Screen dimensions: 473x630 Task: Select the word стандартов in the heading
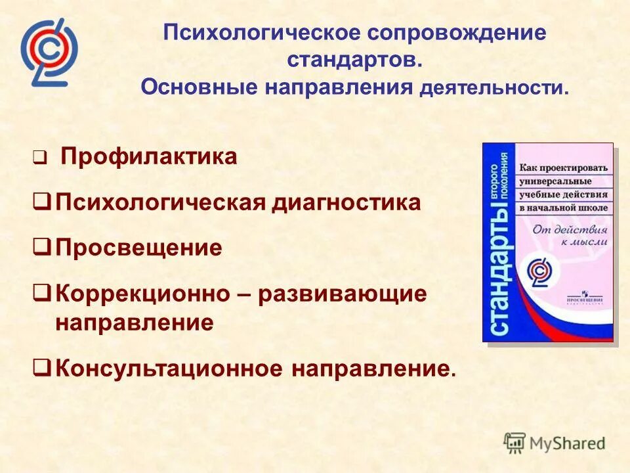coord(351,60)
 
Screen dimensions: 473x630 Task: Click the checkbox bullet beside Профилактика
coord(39,158)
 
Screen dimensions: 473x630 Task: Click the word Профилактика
coord(148,157)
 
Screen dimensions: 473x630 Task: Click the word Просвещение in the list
coord(138,248)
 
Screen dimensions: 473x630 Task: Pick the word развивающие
coord(342,294)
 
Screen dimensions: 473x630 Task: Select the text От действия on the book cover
coord(569,230)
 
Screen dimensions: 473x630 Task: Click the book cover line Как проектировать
coord(564,167)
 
